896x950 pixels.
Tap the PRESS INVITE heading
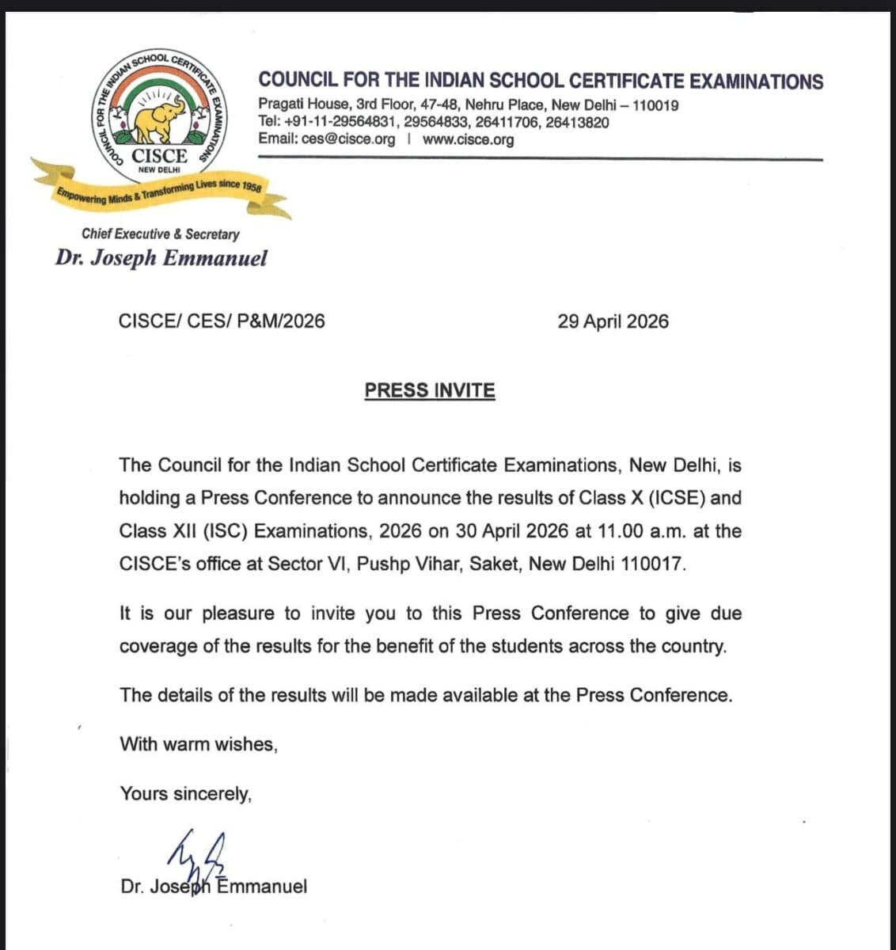tap(430, 390)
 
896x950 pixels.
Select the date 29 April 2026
tap(613, 321)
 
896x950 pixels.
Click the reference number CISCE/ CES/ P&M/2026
tap(222, 321)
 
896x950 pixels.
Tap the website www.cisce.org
tap(468, 139)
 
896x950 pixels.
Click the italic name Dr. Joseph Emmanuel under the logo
tap(161, 258)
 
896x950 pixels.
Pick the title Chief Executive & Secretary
tap(160, 234)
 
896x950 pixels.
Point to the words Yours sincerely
tap(186, 793)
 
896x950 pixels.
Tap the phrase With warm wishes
tap(199, 744)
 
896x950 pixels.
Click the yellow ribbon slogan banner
tap(158, 191)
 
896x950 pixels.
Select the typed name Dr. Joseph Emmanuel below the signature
tap(214, 887)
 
